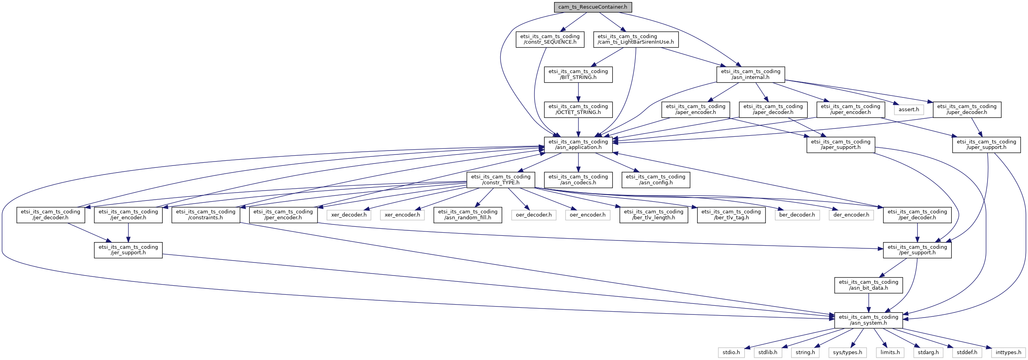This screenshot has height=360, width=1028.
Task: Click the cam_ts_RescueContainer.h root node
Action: point(593,7)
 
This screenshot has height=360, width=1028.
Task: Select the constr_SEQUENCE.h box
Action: point(549,40)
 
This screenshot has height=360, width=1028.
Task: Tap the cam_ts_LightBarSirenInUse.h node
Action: point(635,40)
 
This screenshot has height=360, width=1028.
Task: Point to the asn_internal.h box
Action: point(750,75)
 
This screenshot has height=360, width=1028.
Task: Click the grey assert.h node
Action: point(909,110)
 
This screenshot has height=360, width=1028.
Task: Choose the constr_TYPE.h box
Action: point(500,180)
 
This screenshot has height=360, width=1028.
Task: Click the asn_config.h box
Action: point(655,180)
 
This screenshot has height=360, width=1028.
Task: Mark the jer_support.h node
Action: point(128,250)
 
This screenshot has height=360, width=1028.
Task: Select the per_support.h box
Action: point(917,250)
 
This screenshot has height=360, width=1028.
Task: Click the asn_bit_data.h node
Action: point(868,285)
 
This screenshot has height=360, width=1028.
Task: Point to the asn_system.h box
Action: point(868,320)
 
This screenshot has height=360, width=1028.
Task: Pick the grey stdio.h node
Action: point(731,353)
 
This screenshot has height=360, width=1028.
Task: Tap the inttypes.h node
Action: point(1008,353)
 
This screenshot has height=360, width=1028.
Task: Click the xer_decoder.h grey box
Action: point(349,215)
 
